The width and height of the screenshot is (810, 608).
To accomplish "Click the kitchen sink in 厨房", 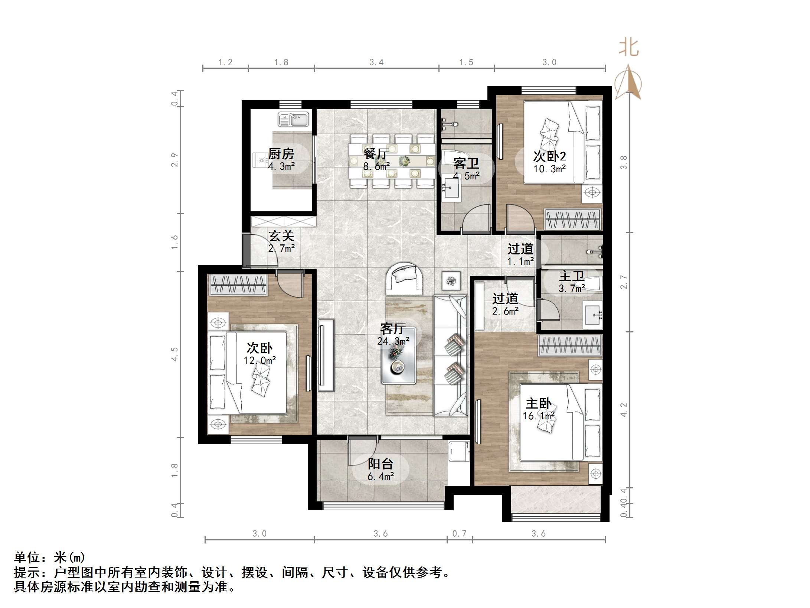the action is click(293, 120).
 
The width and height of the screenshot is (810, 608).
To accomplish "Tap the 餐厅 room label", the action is click(376, 154).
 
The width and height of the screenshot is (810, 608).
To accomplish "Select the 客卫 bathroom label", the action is click(466, 163).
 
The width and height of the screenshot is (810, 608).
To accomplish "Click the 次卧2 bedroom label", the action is click(549, 156).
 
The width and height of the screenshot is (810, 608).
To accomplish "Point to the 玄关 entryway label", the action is click(281, 236).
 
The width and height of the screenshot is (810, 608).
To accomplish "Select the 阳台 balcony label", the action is click(380, 464).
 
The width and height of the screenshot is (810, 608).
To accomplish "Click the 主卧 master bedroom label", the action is click(539, 404).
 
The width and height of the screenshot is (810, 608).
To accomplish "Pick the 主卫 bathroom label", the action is click(572, 276).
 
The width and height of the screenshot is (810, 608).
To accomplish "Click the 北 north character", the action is click(629, 48).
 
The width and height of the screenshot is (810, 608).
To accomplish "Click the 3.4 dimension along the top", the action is click(376, 62).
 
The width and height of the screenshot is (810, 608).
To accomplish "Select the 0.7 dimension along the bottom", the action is click(459, 534).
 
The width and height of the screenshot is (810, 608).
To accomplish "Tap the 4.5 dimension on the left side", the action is click(174, 354).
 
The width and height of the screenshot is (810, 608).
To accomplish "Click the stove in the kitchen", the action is click(262, 161).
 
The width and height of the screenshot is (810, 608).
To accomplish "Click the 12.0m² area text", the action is click(259, 360).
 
